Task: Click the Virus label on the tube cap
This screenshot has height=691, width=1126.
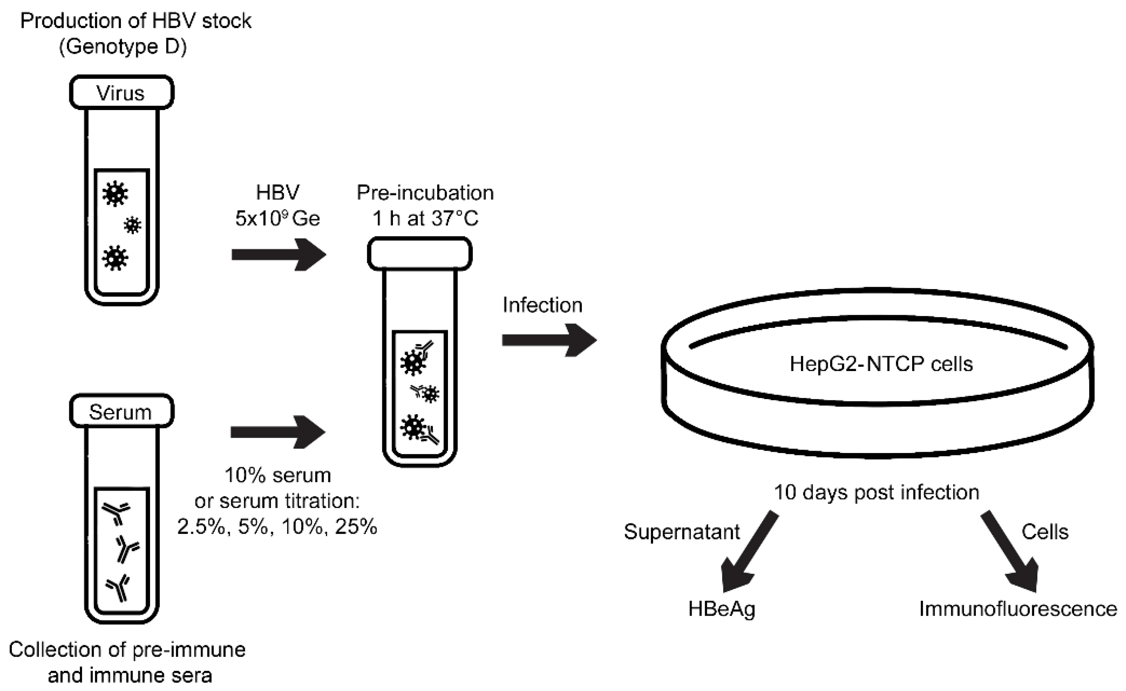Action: pyautogui.click(x=121, y=93)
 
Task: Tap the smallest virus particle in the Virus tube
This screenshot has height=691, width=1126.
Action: pyautogui.click(x=133, y=225)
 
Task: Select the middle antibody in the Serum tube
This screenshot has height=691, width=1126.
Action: pyautogui.click(x=127, y=548)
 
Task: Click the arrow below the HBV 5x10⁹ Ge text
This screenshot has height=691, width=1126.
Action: pyautogui.click(x=278, y=254)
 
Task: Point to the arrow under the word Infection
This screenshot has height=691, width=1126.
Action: pyautogui.click(x=549, y=340)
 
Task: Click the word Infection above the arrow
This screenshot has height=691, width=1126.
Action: pyautogui.click(x=543, y=305)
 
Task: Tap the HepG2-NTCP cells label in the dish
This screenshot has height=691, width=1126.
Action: pyautogui.click(x=881, y=364)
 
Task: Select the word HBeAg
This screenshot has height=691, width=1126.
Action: pyautogui.click(x=722, y=609)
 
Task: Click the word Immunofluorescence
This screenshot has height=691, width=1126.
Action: pyautogui.click(x=1018, y=609)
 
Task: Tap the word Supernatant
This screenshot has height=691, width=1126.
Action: pyautogui.click(x=681, y=532)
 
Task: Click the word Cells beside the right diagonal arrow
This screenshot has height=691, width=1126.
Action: pyautogui.click(x=1045, y=532)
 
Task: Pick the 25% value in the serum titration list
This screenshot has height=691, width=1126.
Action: pyautogui.click(x=356, y=527)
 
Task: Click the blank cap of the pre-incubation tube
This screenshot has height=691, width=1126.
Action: pyautogui.click(x=419, y=254)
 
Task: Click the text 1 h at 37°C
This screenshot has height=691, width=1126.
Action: pyautogui.click(x=425, y=218)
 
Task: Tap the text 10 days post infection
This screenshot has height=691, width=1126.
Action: pyautogui.click(x=876, y=492)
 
